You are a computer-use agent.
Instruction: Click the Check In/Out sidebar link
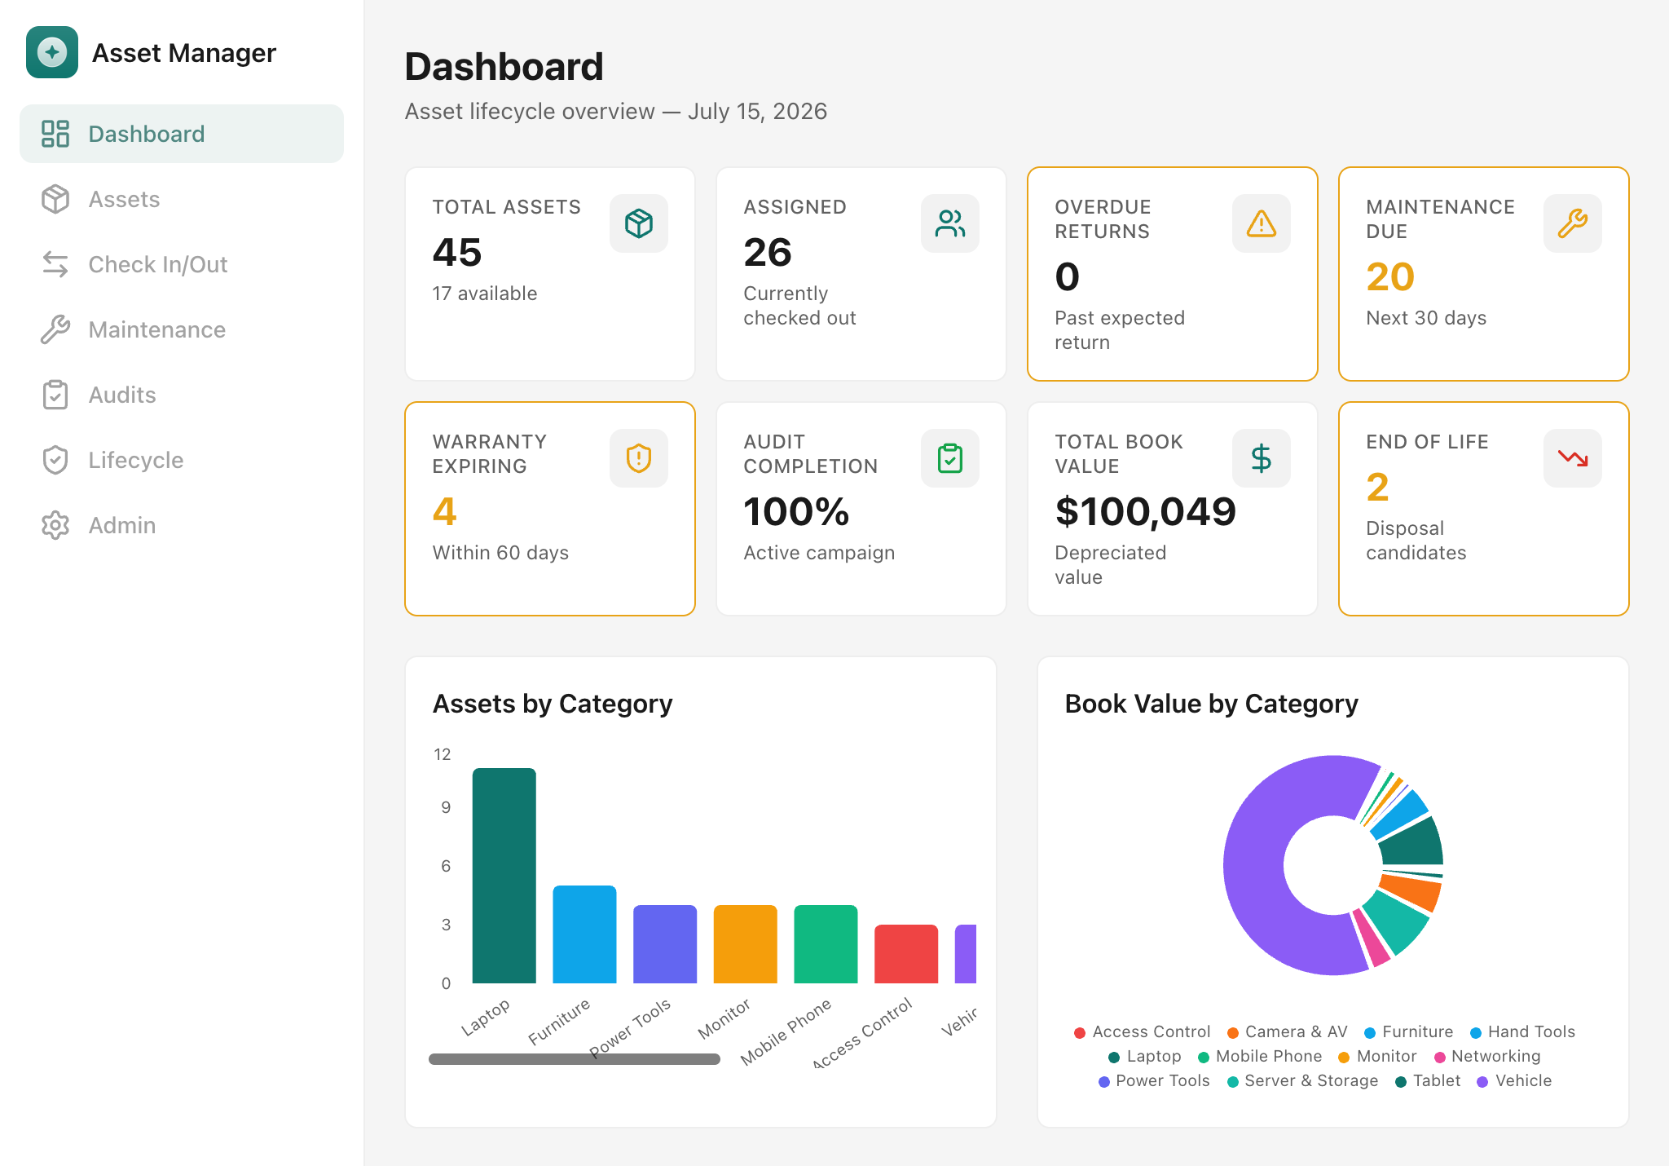(x=135, y=264)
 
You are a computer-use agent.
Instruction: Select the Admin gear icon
(x=55, y=525)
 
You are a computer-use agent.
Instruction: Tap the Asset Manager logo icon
(x=52, y=52)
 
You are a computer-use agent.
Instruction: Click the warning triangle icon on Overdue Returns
(x=1262, y=223)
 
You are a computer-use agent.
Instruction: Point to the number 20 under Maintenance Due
(x=1390, y=276)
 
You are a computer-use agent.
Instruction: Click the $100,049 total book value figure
(x=1146, y=512)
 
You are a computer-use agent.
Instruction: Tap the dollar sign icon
(x=1262, y=458)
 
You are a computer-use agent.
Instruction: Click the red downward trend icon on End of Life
(x=1573, y=458)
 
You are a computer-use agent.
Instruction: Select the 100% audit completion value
(x=796, y=512)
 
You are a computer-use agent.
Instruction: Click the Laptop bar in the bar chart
(x=504, y=876)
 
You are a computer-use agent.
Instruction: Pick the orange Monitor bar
(x=746, y=944)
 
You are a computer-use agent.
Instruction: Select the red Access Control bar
(x=906, y=954)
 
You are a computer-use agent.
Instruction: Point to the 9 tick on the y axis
(x=446, y=807)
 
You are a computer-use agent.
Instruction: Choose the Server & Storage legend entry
(x=1302, y=1080)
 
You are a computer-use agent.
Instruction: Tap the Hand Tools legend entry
(x=1522, y=1031)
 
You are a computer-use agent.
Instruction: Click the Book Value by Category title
(x=1212, y=704)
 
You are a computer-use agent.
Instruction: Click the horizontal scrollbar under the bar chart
(x=575, y=1059)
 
